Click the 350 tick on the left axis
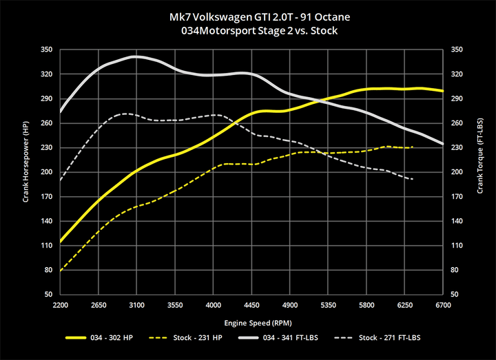point(47,50)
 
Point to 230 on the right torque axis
point(455,147)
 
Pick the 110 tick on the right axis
point(455,246)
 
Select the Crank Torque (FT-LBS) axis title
point(479,172)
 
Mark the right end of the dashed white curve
point(412,179)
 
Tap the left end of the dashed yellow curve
point(61,271)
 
